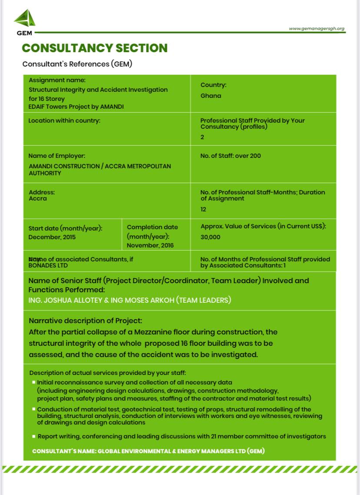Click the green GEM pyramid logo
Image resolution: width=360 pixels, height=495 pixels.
[x=25, y=19]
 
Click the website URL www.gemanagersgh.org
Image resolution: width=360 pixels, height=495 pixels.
[x=316, y=29]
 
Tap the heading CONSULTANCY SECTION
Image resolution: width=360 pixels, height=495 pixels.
[x=94, y=48]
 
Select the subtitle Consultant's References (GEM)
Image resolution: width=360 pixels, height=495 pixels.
[x=77, y=64]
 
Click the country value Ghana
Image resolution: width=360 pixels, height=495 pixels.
[x=210, y=96]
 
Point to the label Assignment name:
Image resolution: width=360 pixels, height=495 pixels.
[x=57, y=80]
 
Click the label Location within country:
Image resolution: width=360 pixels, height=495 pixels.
[x=64, y=120]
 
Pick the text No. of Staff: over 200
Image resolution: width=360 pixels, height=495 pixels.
[x=230, y=156]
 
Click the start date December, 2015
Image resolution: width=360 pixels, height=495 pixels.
[x=52, y=237]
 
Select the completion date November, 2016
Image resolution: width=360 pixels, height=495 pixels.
[x=150, y=245]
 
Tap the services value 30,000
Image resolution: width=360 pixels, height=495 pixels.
[x=210, y=237]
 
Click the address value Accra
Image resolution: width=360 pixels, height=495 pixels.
[x=37, y=199]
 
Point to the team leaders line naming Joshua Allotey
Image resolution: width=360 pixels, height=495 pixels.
[x=130, y=300]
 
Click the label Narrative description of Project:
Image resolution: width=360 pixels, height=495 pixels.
[x=85, y=321]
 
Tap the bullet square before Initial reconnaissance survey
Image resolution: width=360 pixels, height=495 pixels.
[x=33, y=382]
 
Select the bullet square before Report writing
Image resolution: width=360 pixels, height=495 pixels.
[x=33, y=436]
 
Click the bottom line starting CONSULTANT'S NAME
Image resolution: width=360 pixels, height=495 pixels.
[x=148, y=451]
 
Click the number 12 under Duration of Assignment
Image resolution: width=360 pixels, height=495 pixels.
[x=203, y=209]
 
